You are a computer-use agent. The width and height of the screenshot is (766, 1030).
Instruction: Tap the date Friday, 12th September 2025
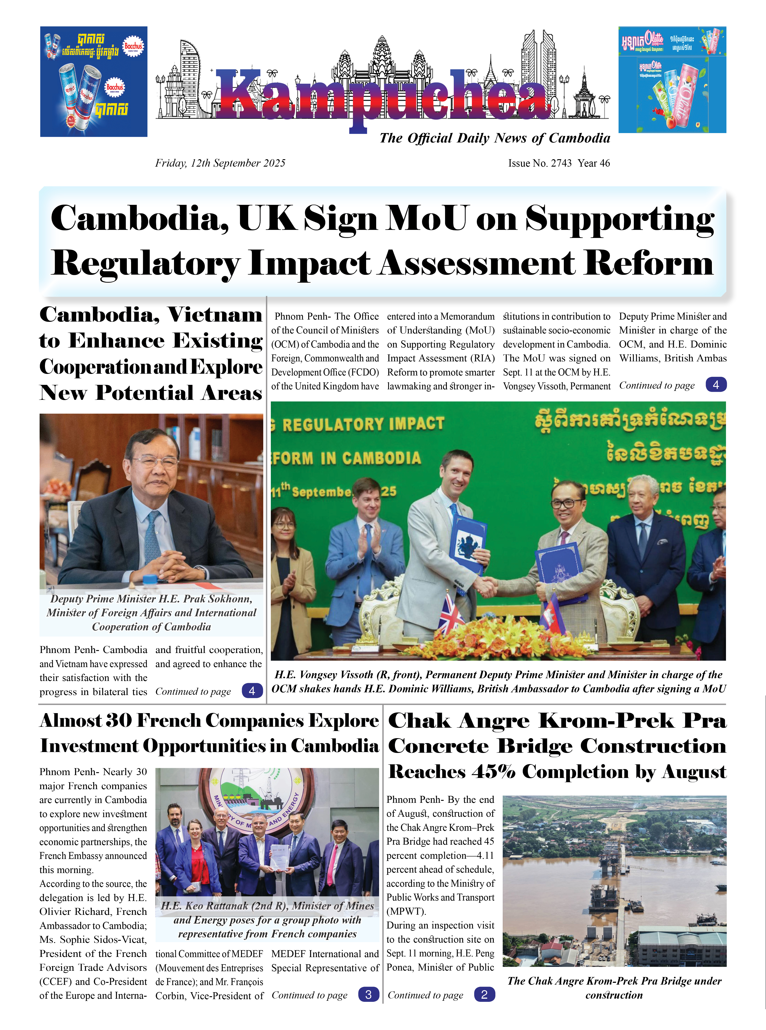pyautogui.click(x=220, y=163)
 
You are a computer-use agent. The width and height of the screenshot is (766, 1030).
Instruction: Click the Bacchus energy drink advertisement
pyautogui.click(x=94, y=82)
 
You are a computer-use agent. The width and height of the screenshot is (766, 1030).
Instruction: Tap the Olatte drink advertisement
pyautogui.click(x=672, y=80)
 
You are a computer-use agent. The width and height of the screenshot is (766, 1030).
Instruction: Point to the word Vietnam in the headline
pyautogui.click(x=215, y=315)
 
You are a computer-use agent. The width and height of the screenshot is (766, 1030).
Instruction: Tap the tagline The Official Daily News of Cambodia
pyautogui.click(x=494, y=138)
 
